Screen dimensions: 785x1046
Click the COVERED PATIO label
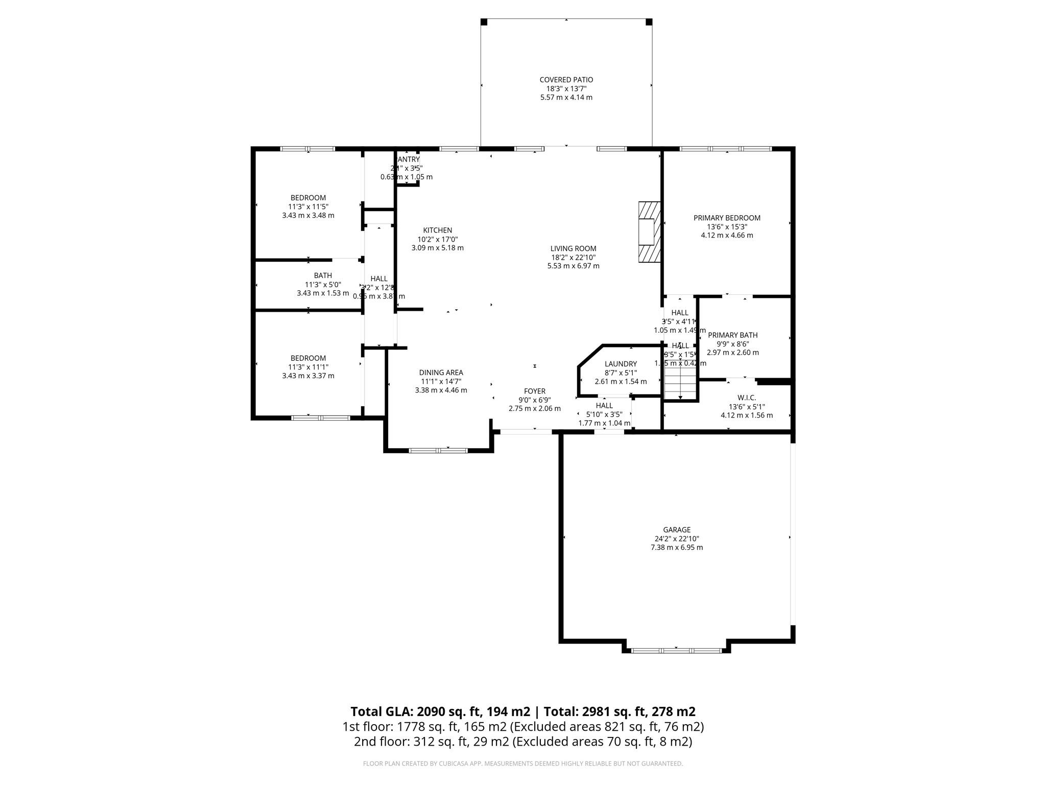[566, 80]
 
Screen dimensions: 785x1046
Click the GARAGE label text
[677, 530]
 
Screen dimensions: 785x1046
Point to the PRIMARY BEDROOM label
[726, 218]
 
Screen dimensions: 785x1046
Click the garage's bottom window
[676, 651]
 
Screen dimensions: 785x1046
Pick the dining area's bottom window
[438, 450]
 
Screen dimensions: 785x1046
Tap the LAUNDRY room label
[621, 364]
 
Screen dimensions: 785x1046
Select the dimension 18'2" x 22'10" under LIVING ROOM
[573, 258]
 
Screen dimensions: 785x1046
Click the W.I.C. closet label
[746, 398]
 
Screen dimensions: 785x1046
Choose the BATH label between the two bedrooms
[323, 275]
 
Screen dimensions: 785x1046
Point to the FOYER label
[534, 391]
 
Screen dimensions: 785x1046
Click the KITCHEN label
[437, 230]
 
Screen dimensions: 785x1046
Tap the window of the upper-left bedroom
[307, 149]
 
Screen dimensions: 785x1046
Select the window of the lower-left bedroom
[320, 418]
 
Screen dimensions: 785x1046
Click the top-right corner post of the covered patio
[649, 22]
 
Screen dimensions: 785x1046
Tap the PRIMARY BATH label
[732, 335]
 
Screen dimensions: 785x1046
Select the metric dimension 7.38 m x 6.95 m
[676, 547]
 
